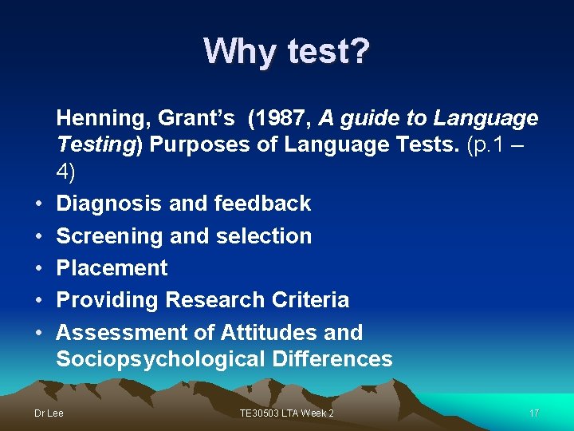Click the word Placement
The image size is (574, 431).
pyautogui.click(x=112, y=268)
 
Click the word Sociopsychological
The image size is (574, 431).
pyautogui.click(x=160, y=359)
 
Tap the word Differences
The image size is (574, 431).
pyautogui.click(x=332, y=359)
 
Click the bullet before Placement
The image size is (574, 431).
pyautogui.click(x=39, y=269)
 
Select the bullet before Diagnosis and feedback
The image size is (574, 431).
pyautogui.click(x=39, y=204)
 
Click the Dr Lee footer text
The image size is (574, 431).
pyautogui.click(x=49, y=413)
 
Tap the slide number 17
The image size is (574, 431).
pyautogui.click(x=534, y=413)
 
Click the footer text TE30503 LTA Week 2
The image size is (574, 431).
pyautogui.click(x=287, y=413)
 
